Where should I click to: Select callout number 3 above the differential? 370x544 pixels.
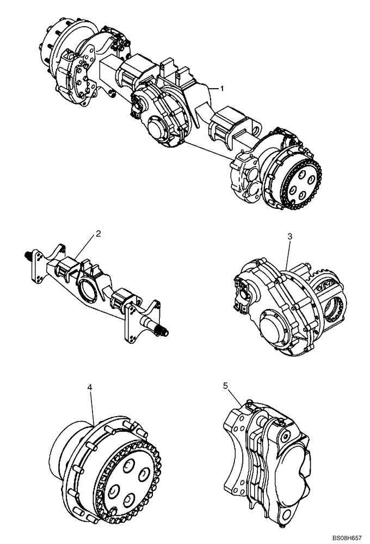[x=290, y=237]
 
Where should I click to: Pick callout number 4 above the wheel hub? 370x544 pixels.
[x=90, y=387]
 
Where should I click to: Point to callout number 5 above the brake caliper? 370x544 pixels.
[x=225, y=386]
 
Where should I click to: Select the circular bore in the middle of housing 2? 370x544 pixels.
[x=89, y=288]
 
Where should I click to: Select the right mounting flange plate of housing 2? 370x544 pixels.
[x=131, y=324]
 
